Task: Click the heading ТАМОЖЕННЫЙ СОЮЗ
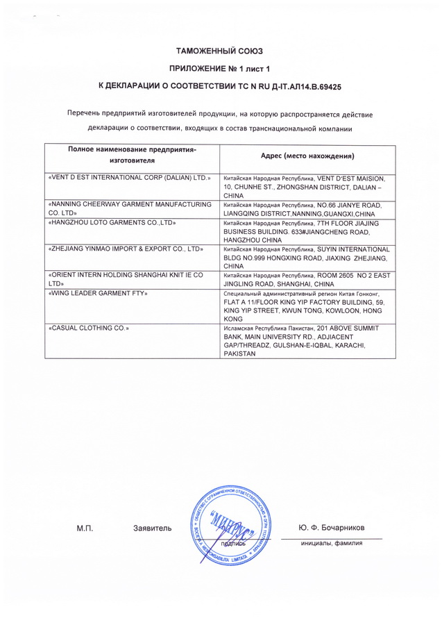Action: point(220,51)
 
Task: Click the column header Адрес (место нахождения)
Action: point(307,156)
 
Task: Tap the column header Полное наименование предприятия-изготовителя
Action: point(132,156)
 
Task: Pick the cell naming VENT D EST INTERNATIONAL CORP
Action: point(130,178)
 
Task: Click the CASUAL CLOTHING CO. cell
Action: point(90,327)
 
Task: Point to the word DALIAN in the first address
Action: point(356,187)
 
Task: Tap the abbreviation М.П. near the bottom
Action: point(85,529)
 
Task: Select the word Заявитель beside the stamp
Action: point(152,529)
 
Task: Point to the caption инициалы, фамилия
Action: point(332,543)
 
